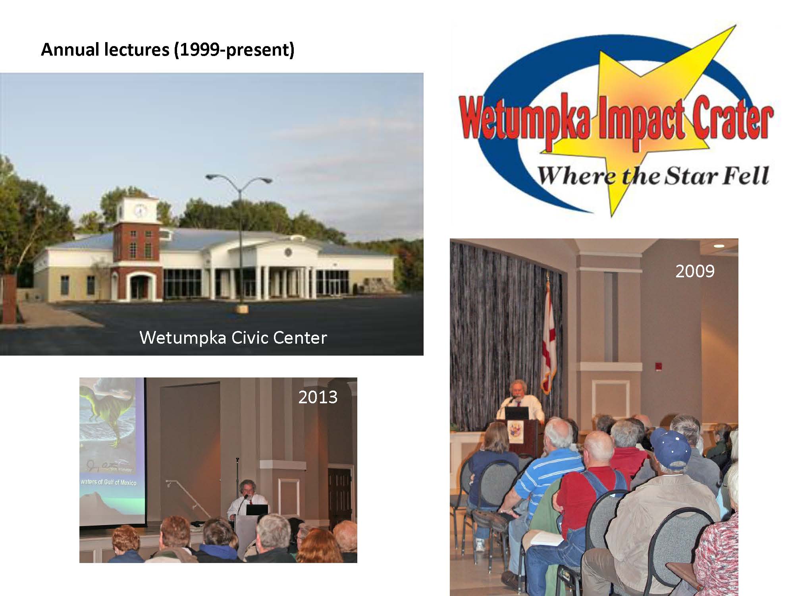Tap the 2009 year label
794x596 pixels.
tap(695, 271)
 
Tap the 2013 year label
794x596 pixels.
tap(318, 397)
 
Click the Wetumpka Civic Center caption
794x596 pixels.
tap(233, 338)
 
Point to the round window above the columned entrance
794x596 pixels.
tap(287, 252)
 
